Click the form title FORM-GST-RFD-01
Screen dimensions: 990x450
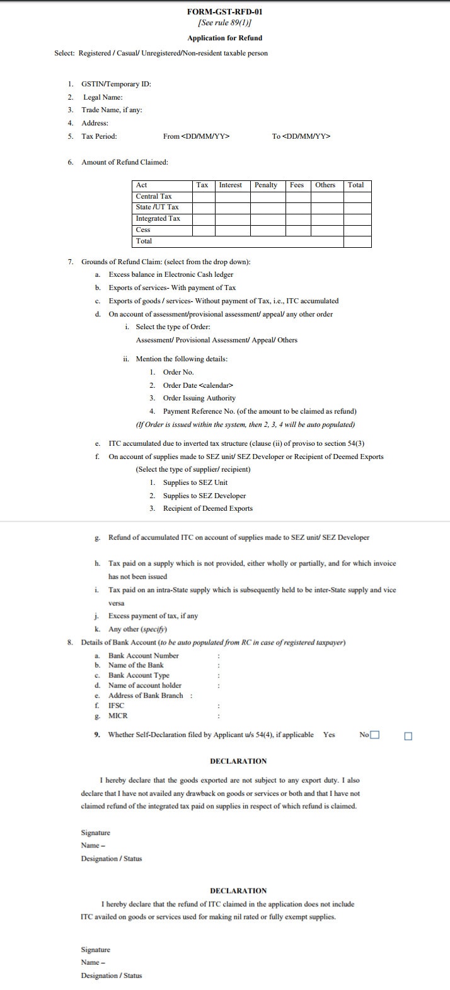click(x=224, y=12)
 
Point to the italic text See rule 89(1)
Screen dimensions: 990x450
click(x=224, y=23)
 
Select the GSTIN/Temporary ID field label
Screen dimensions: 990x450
click(x=116, y=84)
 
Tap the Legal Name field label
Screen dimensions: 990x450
click(x=103, y=97)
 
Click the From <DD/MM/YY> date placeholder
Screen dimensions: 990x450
click(x=196, y=136)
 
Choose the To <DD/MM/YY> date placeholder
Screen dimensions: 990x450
click(x=301, y=136)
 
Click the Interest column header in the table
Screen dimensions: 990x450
click(x=230, y=185)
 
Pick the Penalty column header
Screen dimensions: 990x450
click(x=266, y=185)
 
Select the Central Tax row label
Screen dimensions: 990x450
click(x=154, y=196)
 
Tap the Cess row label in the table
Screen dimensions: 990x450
click(x=143, y=230)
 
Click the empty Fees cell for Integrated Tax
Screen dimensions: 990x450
click(x=297, y=218)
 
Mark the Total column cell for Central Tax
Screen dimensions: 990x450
click(x=357, y=196)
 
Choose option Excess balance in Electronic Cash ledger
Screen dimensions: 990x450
click(x=171, y=274)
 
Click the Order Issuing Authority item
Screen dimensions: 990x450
click(x=199, y=398)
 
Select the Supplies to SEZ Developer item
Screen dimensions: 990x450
click(x=204, y=496)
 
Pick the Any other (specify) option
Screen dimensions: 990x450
click(x=137, y=629)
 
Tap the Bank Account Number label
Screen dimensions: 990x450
click(x=143, y=656)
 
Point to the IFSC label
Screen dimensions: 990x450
click(x=116, y=706)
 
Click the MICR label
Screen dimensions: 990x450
click(x=118, y=716)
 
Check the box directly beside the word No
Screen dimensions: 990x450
click(x=375, y=735)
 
